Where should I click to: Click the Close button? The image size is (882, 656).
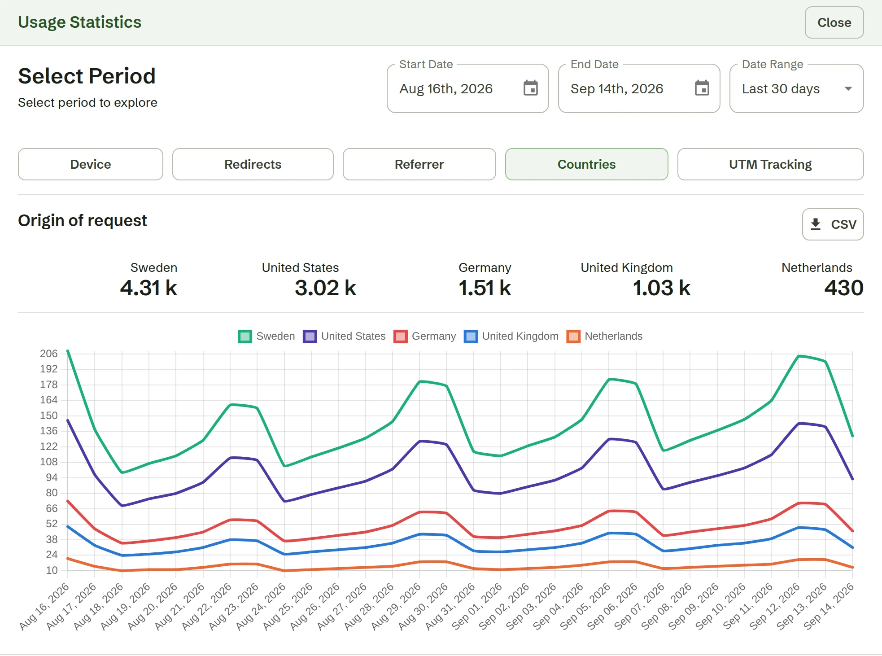834,22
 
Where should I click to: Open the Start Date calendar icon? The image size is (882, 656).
531,88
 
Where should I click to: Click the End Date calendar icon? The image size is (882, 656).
702,88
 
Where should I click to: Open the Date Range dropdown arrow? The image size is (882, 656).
848,88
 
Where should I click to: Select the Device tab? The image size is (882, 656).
91,164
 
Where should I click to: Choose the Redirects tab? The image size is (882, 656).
253,164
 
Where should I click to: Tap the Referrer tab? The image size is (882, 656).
419,164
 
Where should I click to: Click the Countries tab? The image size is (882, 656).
587,164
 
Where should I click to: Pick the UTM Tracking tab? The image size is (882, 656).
771,164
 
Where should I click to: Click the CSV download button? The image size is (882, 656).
833,224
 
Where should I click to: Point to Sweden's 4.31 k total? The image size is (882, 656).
148,288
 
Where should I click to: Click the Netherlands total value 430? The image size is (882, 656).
844,288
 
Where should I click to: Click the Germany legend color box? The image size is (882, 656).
400,337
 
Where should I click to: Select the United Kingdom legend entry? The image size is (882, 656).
511,337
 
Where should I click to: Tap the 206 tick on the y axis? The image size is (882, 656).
49,354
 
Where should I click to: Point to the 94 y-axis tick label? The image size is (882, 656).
52,477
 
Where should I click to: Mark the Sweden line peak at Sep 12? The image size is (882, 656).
799,356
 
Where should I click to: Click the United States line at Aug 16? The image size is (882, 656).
68,420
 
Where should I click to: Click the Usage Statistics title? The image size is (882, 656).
80,22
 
